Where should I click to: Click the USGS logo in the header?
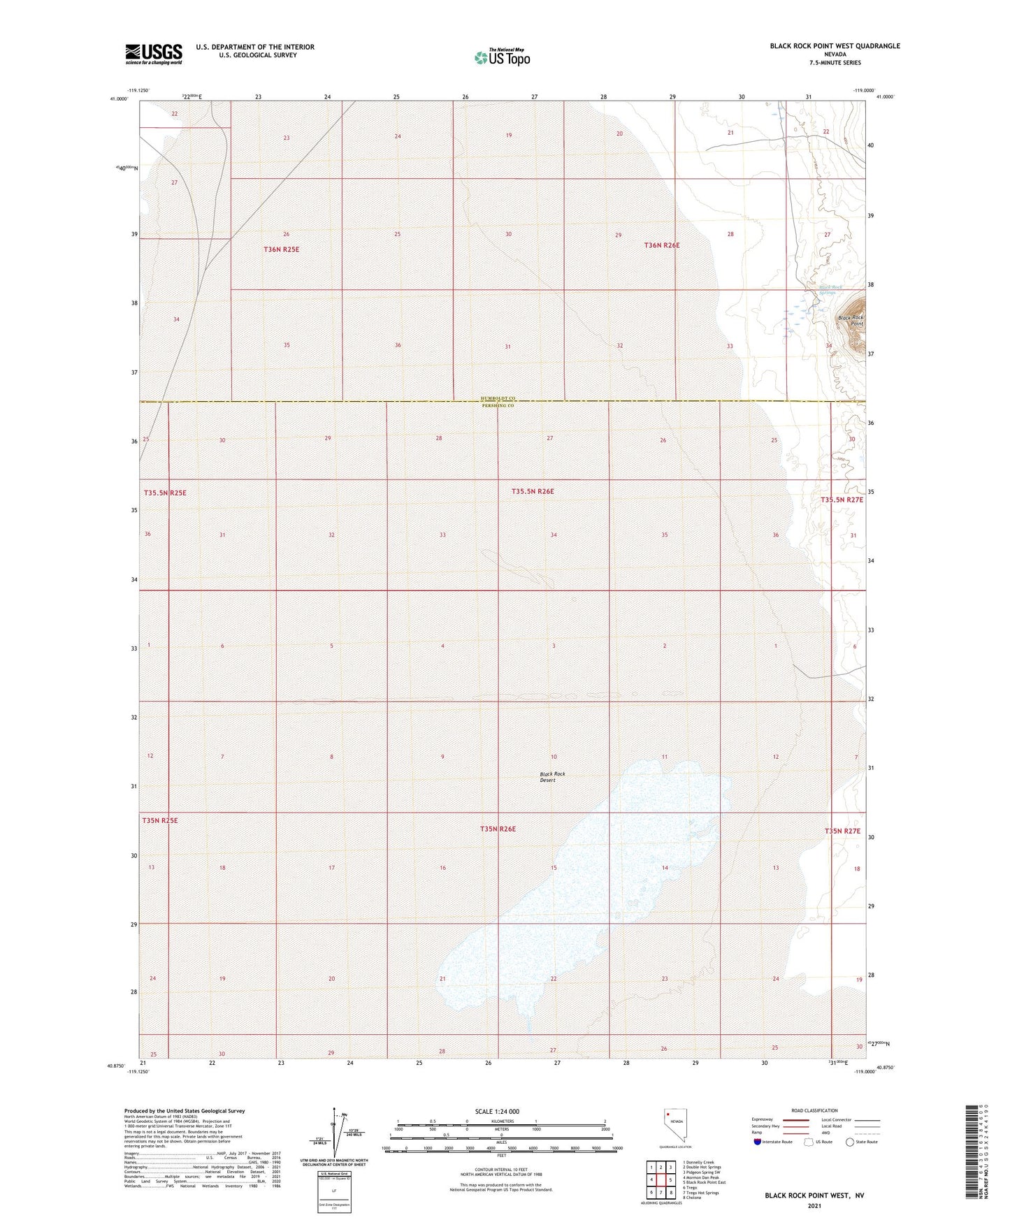(154, 54)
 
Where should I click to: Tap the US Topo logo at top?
(502, 57)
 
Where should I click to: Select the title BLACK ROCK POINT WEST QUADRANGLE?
(835, 46)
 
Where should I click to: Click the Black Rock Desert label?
(552, 777)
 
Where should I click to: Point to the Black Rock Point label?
(851, 321)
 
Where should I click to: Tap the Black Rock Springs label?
(830, 290)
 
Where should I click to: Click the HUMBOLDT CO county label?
(498, 398)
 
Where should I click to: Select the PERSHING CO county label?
(498, 406)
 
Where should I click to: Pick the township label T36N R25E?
(286, 249)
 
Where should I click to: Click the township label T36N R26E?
(661, 245)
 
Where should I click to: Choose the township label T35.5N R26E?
(533, 491)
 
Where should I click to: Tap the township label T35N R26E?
(498, 829)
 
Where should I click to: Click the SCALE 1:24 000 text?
(497, 1111)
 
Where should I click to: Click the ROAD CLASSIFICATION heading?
(814, 1110)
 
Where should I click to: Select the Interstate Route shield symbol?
(758, 1142)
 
